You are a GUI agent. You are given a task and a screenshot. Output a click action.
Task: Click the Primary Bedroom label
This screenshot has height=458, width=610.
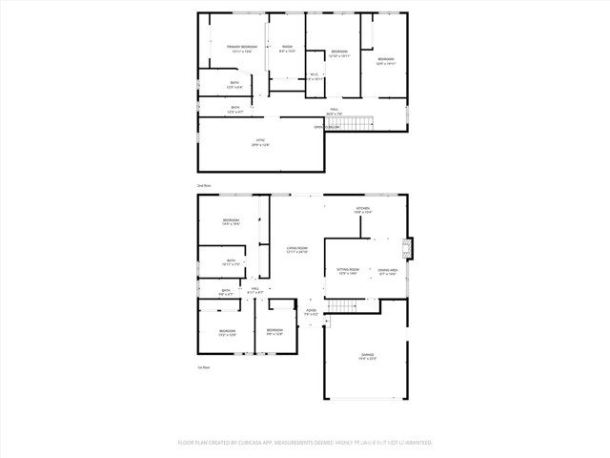tap(241, 47)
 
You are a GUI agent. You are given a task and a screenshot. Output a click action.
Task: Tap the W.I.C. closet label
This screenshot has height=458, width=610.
tap(315, 75)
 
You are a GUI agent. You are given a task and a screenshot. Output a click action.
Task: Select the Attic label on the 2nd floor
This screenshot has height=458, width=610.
tap(259, 140)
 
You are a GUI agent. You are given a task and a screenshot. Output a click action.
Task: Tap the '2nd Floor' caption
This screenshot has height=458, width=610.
tap(203, 185)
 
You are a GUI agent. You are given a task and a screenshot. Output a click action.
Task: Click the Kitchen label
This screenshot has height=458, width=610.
tap(362, 208)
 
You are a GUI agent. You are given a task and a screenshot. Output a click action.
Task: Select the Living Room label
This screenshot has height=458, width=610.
tap(297, 248)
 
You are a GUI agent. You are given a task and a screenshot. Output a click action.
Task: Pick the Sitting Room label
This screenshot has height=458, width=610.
tap(347, 270)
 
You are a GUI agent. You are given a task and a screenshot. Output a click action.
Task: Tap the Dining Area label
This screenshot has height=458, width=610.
tap(387, 270)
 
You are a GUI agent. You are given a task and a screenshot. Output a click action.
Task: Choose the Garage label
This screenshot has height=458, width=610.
tap(368, 355)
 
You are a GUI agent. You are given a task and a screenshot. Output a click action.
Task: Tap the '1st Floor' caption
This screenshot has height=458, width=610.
tap(203, 366)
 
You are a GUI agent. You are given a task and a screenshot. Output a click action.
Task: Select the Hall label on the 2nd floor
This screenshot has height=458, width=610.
tap(335, 110)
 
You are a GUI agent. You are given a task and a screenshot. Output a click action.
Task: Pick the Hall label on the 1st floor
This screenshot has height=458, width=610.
tap(255, 289)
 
